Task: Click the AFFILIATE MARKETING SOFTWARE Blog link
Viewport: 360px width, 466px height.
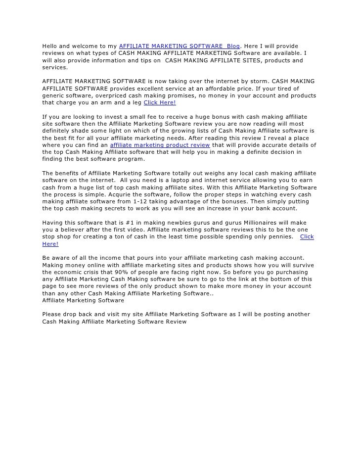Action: point(179,46)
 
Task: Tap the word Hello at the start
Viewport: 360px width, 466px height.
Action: point(50,46)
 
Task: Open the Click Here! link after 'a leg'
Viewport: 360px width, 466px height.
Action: point(159,102)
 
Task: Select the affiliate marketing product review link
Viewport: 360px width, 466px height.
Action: point(160,145)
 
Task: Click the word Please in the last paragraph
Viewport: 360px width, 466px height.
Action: point(52,314)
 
